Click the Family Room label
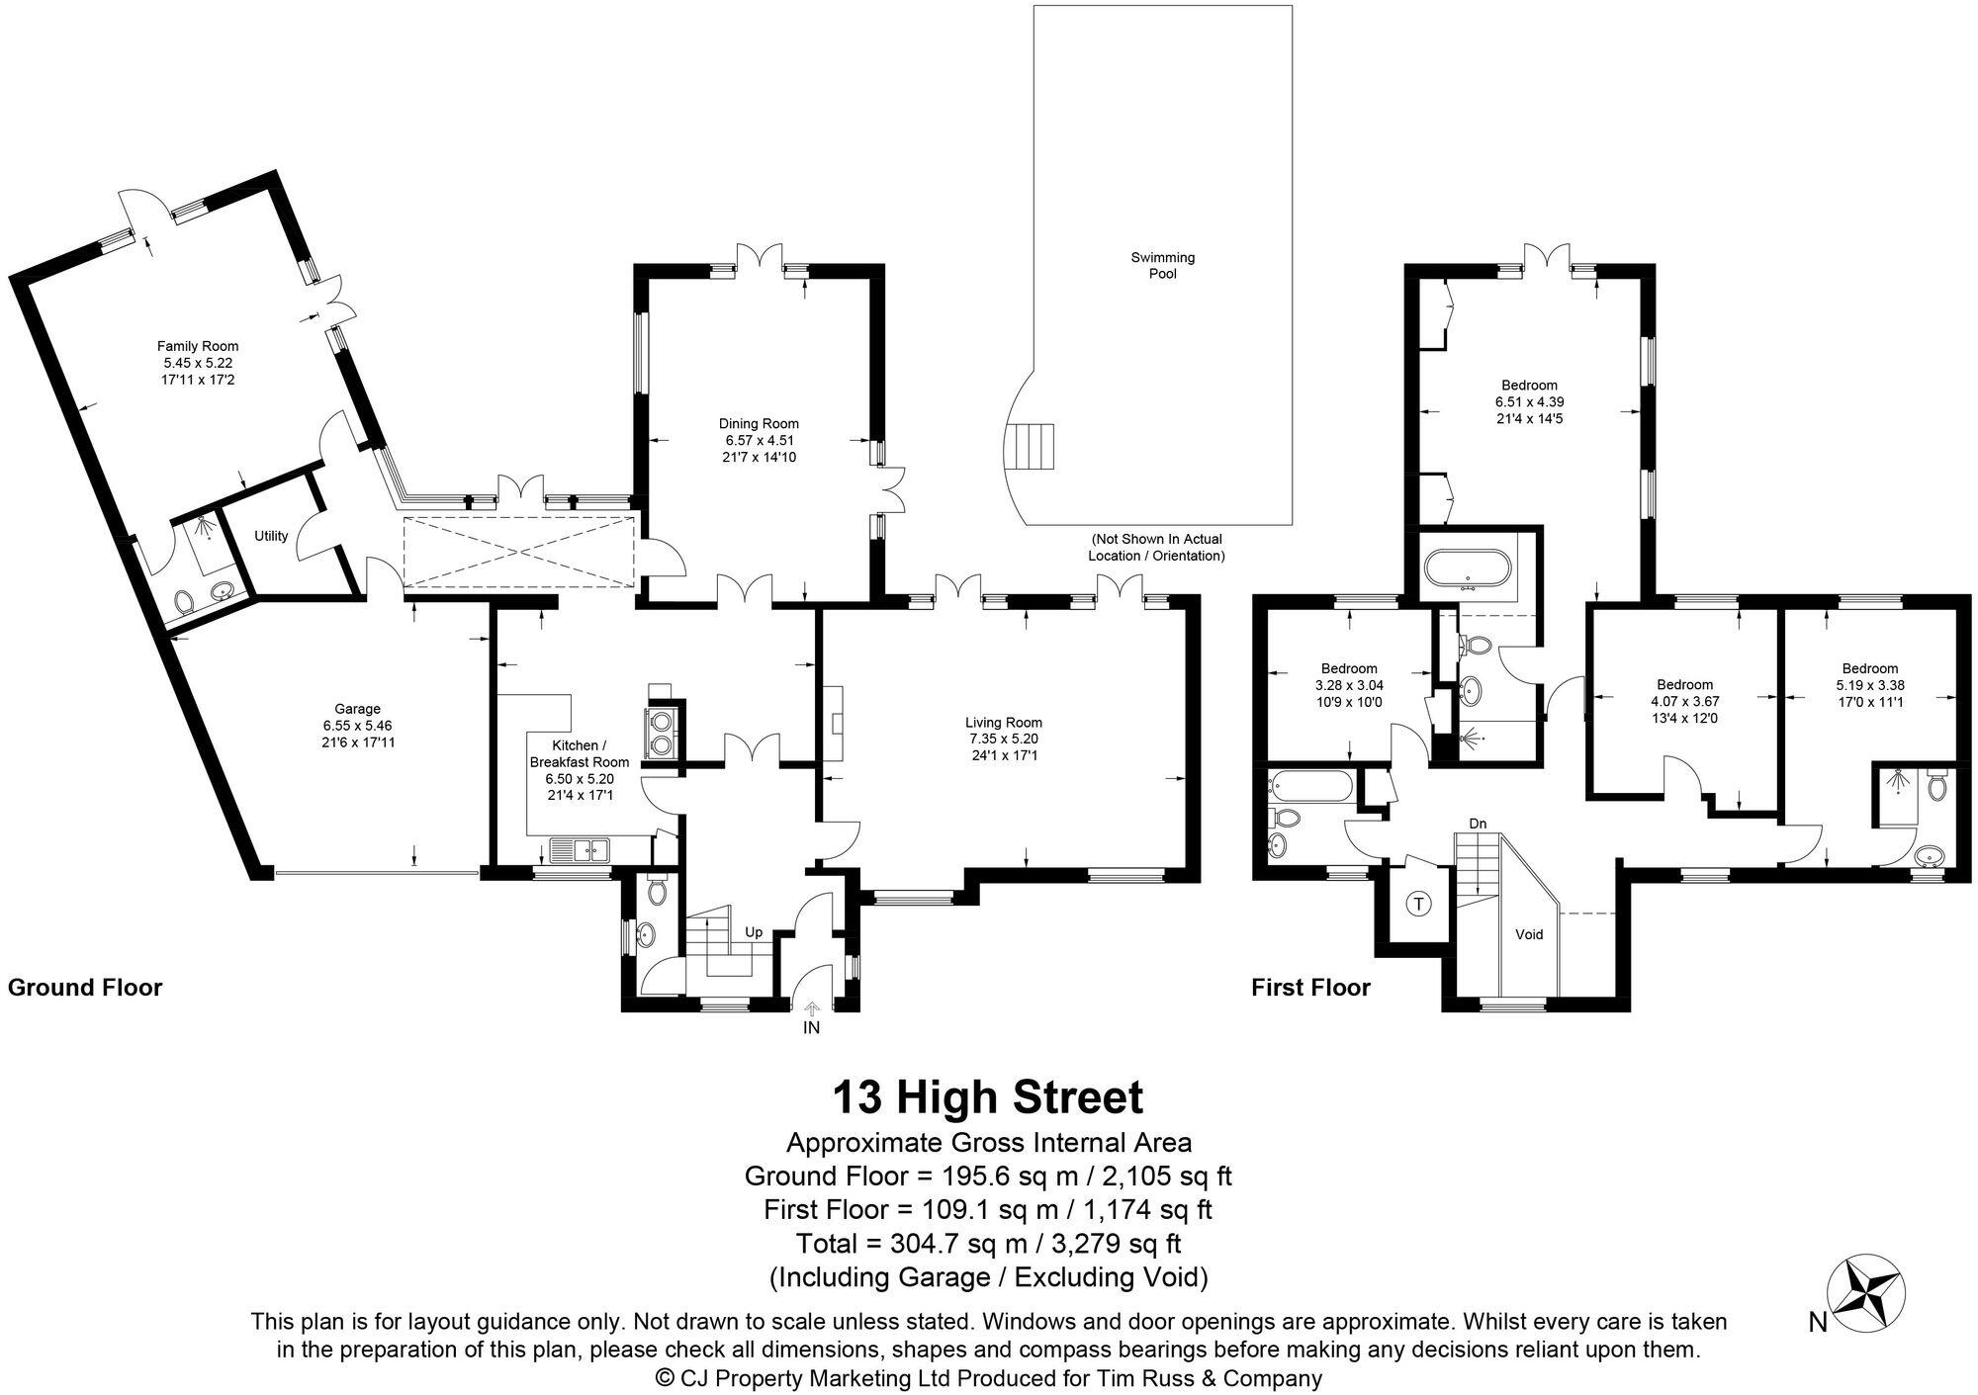coord(198,346)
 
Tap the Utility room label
coord(271,536)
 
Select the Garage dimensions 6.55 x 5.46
coord(357,725)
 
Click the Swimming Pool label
coord(1163,265)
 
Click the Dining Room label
coord(759,424)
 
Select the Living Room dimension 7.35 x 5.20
coord(1004,739)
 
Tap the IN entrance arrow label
coord(811,1027)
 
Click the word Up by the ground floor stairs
coord(754,932)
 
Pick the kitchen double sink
coord(581,848)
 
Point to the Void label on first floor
coord(1529,933)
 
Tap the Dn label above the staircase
coord(1478,823)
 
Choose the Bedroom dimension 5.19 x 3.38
coord(1869,685)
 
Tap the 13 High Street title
coord(987,1097)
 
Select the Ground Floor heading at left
coord(85,987)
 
